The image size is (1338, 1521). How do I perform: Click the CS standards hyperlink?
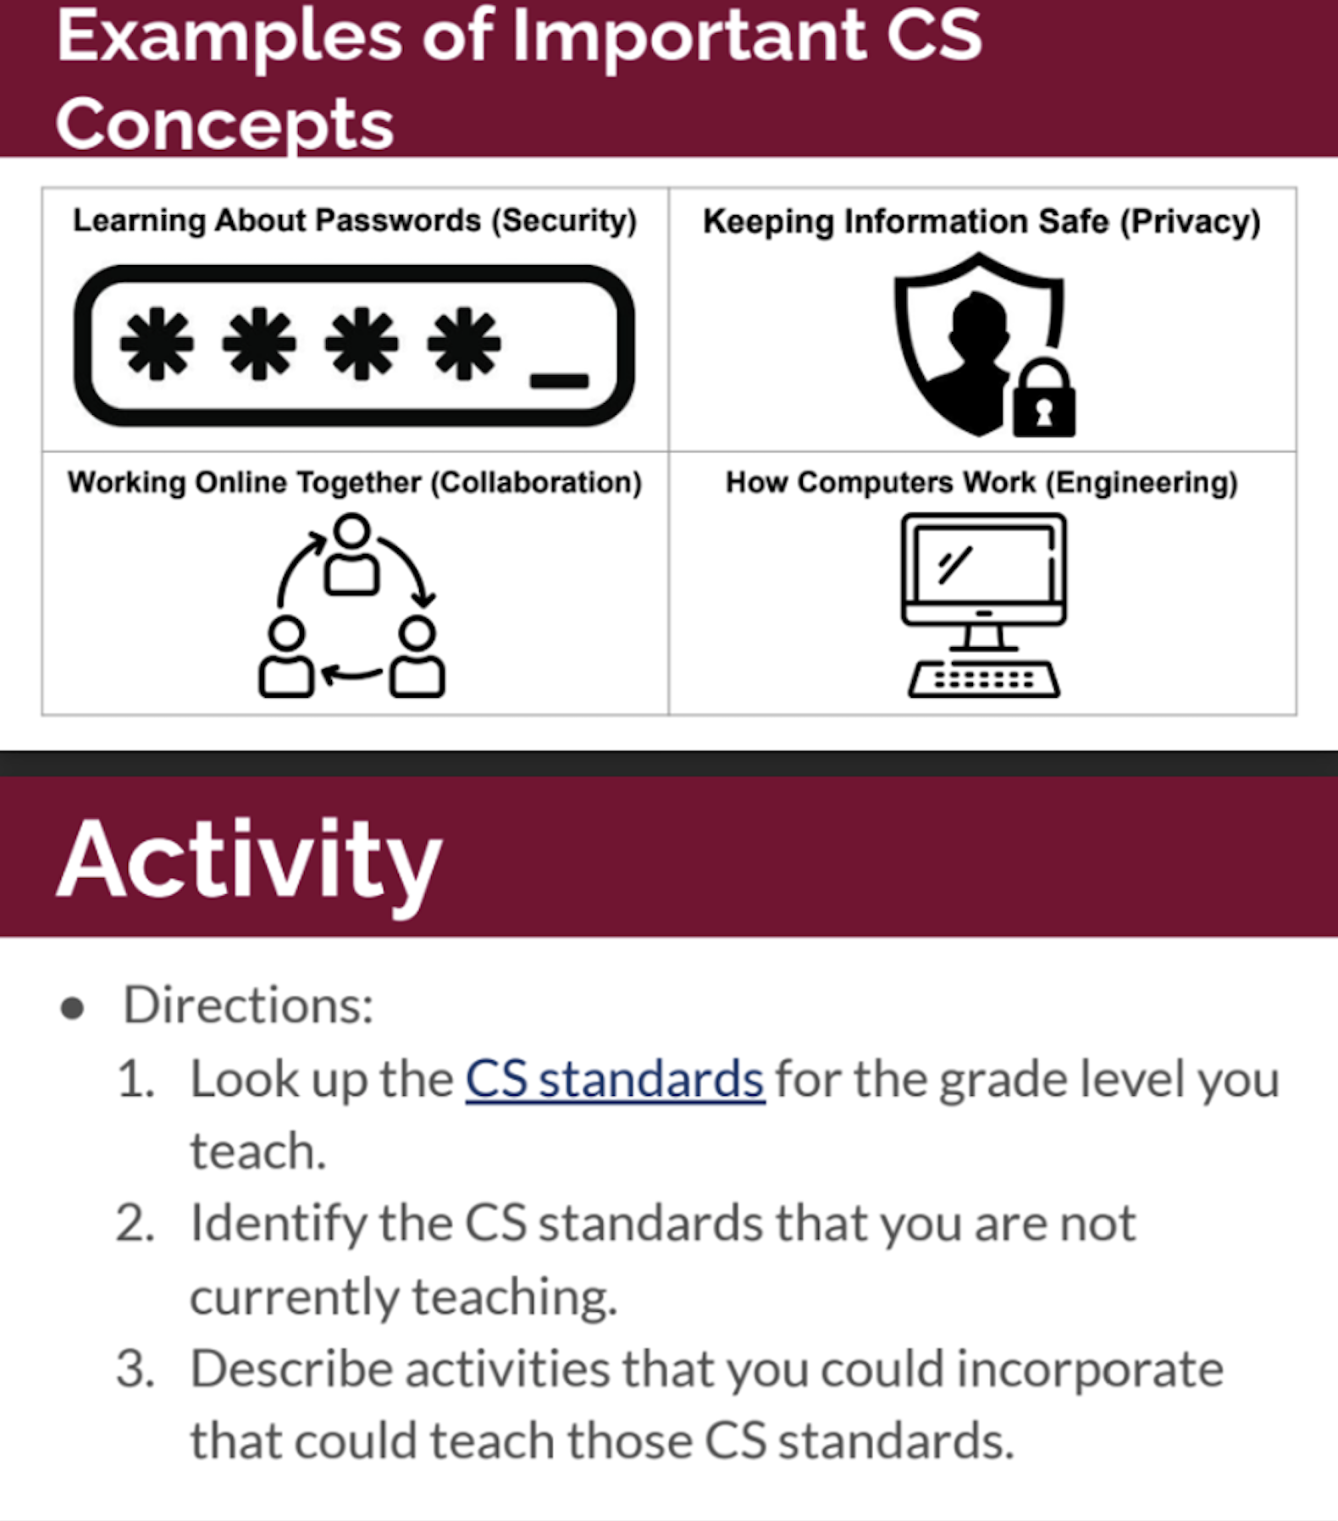pyautogui.click(x=615, y=1080)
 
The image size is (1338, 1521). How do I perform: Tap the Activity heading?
pyautogui.click(x=249, y=860)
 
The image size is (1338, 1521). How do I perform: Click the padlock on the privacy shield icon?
pyautogui.click(x=1043, y=401)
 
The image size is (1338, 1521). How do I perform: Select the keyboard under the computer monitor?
pyautogui.click(x=983, y=679)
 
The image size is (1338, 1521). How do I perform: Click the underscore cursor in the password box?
pyautogui.click(x=559, y=380)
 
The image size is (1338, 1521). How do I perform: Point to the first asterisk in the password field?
pyautogui.click(x=157, y=343)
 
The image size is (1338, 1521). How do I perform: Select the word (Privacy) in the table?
pyautogui.click(x=1191, y=222)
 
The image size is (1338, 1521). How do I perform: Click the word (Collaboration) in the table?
pyautogui.click(x=536, y=483)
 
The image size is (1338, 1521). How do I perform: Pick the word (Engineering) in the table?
pyautogui.click(x=1142, y=483)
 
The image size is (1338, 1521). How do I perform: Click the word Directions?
pyautogui.click(x=247, y=1005)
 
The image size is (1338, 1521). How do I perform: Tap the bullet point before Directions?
pyautogui.click(x=73, y=1008)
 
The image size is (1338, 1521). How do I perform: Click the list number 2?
pyautogui.click(x=135, y=1225)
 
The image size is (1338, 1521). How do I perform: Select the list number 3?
pyautogui.click(x=135, y=1369)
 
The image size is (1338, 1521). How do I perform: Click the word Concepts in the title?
pyautogui.click(x=224, y=124)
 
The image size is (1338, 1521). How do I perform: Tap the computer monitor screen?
pyautogui.click(x=983, y=562)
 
